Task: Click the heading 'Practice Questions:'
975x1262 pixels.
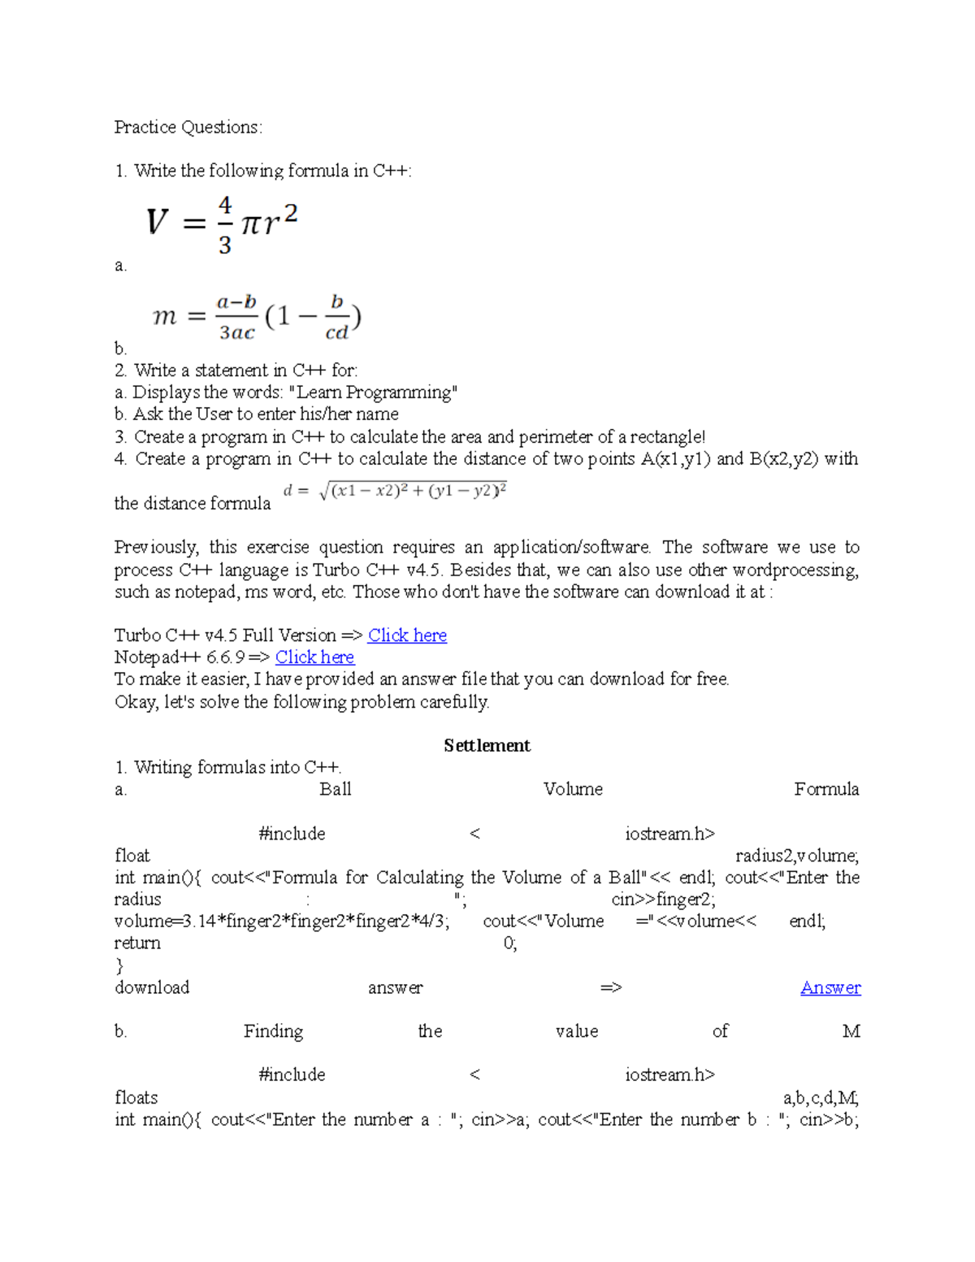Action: click(188, 128)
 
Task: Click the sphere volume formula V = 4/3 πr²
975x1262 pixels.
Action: click(222, 224)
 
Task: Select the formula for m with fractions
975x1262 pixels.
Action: click(257, 317)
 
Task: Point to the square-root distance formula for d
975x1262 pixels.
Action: click(396, 492)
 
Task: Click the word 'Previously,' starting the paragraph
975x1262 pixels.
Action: click(156, 548)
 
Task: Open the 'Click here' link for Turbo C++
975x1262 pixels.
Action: click(407, 635)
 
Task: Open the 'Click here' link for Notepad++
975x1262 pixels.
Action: click(314, 657)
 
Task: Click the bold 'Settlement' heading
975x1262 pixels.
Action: click(487, 746)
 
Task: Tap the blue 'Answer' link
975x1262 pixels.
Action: click(830, 988)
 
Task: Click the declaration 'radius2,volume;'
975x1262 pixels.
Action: click(797, 856)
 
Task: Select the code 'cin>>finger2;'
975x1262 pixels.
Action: click(663, 900)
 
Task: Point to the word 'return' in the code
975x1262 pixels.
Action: click(137, 943)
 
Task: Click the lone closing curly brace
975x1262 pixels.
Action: click(119, 965)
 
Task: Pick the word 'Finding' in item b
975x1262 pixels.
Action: click(273, 1032)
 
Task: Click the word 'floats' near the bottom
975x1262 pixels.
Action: click(136, 1098)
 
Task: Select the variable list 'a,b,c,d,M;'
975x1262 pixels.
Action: click(821, 1098)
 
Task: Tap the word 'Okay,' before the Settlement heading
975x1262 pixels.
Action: click(136, 702)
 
